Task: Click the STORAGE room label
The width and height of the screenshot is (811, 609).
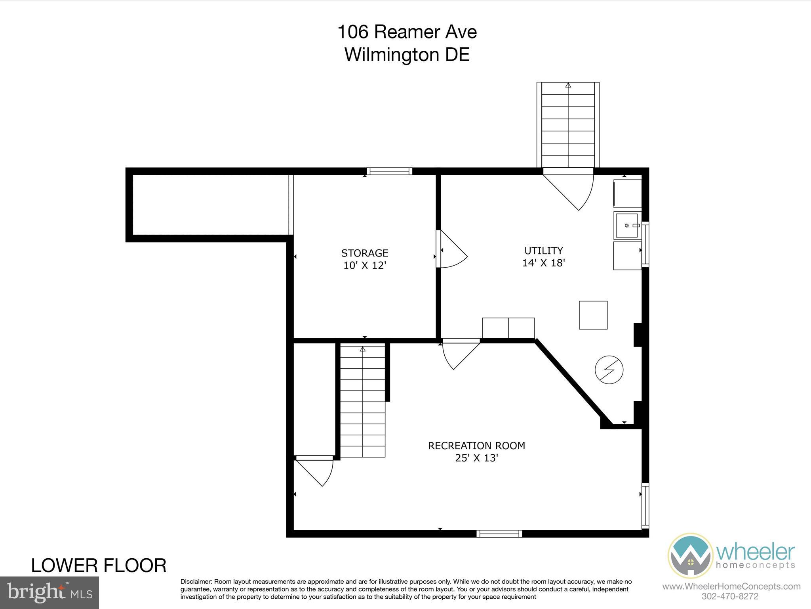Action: pos(364,253)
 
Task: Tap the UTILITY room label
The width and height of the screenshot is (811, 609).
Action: pos(543,251)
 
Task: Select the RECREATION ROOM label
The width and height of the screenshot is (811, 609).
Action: pos(476,446)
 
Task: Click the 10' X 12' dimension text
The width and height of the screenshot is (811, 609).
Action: pos(364,265)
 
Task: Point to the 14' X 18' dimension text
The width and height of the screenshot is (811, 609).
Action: pos(543,263)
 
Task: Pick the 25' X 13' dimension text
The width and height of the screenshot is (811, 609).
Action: pos(476,458)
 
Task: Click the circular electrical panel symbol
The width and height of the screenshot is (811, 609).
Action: pos(609,370)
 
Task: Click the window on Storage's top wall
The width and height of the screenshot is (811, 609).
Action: pos(389,171)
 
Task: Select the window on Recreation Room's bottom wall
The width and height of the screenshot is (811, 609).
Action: pos(499,534)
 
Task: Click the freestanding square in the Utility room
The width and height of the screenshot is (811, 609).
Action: pos(593,315)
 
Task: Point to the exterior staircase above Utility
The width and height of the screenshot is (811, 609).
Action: pos(568,125)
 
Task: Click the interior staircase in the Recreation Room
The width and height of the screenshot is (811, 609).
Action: pos(362,400)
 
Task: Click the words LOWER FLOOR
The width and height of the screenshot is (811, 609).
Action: pos(99,566)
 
